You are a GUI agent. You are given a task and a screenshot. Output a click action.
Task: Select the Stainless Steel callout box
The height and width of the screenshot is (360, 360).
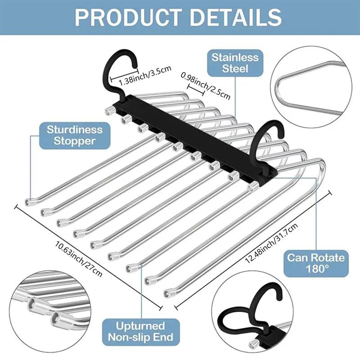236,63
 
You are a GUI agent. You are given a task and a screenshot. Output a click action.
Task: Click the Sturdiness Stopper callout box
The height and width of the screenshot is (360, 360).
75,135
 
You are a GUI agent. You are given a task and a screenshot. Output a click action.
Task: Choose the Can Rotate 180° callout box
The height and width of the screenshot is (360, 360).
316,264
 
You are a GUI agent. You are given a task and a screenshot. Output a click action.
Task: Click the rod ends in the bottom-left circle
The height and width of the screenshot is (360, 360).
45,310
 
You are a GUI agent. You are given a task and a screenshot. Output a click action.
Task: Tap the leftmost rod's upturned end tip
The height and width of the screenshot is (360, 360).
30,202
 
